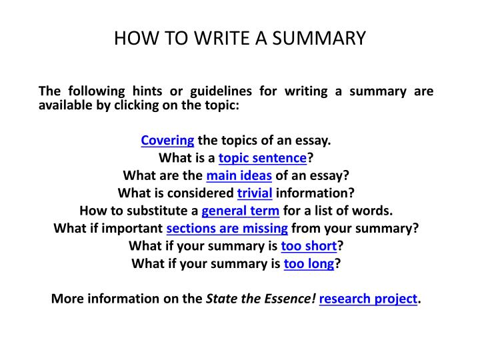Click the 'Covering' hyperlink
[167, 141]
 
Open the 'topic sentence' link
[263, 159]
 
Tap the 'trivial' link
[255, 193]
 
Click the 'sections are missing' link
[227, 228]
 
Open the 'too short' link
[309, 245]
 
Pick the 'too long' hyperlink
[309, 263]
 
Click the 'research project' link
[369, 298]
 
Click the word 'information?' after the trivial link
[315, 193]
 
